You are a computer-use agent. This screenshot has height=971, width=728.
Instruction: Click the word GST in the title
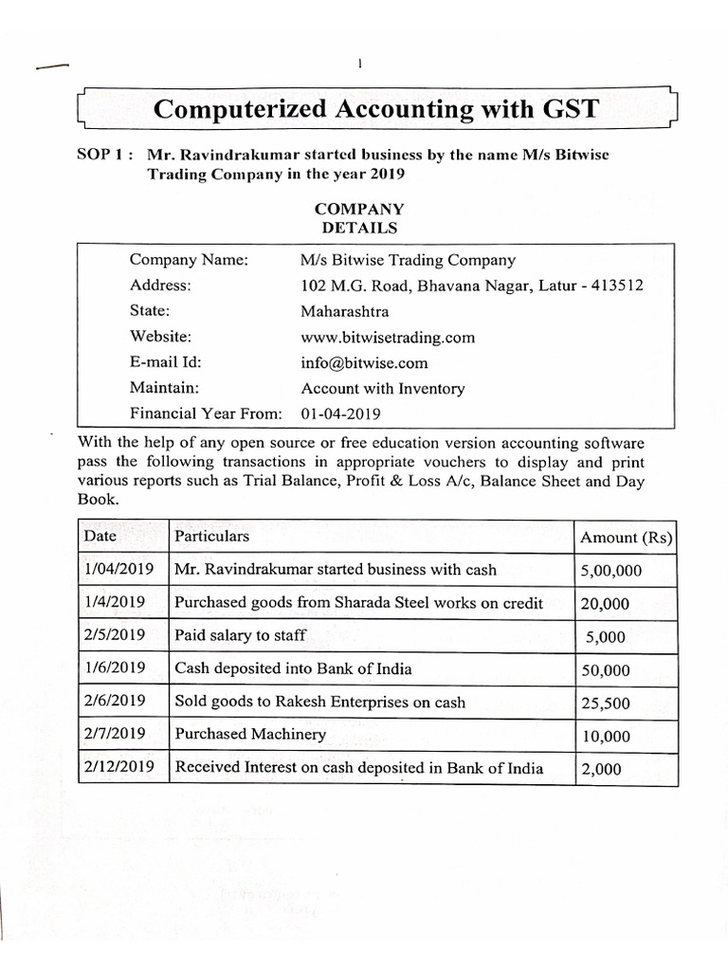[x=565, y=108]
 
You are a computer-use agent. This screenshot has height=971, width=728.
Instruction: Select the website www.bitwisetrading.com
[x=388, y=337]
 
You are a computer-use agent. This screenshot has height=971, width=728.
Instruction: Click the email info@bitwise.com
[x=364, y=362]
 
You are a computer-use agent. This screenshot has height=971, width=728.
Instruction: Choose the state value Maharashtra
[x=345, y=311]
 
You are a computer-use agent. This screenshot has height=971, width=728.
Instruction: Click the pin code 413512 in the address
[x=617, y=285]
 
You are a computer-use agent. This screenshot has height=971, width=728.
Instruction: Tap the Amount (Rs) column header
[x=625, y=538]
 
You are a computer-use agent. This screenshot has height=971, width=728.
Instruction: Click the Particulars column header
[x=212, y=536]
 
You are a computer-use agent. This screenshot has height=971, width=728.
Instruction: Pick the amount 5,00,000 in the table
[x=610, y=571]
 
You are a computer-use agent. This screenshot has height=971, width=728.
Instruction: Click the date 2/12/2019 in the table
[x=118, y=768]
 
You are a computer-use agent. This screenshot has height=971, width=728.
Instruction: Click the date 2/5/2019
[x=115, y=635]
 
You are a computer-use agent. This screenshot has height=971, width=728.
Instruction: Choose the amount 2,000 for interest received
[x=600, y=769]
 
